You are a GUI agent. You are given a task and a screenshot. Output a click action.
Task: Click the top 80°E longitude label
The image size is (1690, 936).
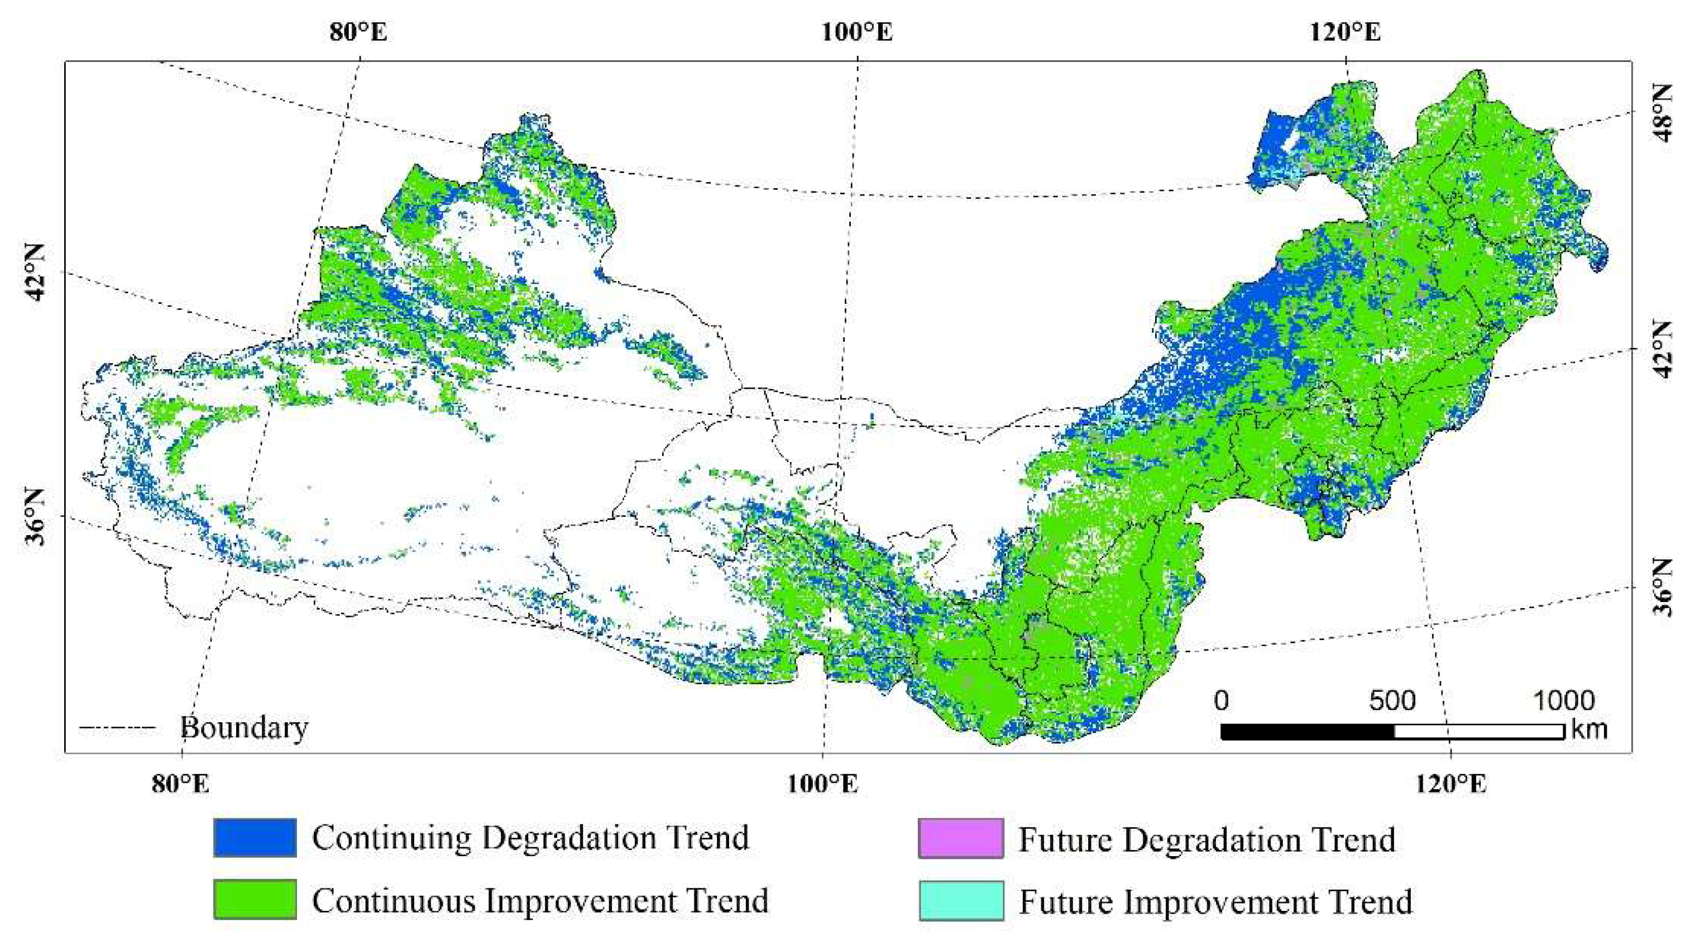[x=358, y=31]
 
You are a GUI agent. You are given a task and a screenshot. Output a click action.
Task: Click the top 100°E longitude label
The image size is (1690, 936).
[x=857, y=31]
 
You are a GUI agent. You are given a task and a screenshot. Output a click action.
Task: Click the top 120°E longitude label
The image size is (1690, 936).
[x=1346, y=31]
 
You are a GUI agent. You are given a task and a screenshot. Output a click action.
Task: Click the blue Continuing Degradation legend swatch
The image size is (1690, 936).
[x=255, y=838]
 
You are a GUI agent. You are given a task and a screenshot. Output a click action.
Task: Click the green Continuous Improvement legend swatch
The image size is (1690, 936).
[x=255, y=899]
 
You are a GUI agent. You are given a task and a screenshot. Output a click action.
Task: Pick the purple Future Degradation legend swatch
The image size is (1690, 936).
[x=960, y=838]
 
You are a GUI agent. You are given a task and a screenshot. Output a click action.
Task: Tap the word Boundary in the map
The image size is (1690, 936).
[x=244, y=727]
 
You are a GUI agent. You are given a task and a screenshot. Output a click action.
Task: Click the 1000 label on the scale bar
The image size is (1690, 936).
[x=1563, y=700]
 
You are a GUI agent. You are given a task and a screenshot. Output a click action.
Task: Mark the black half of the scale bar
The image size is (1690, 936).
[x=1307, y=731]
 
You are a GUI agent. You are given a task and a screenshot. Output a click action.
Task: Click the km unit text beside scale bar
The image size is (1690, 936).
[x=1588, y=729]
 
